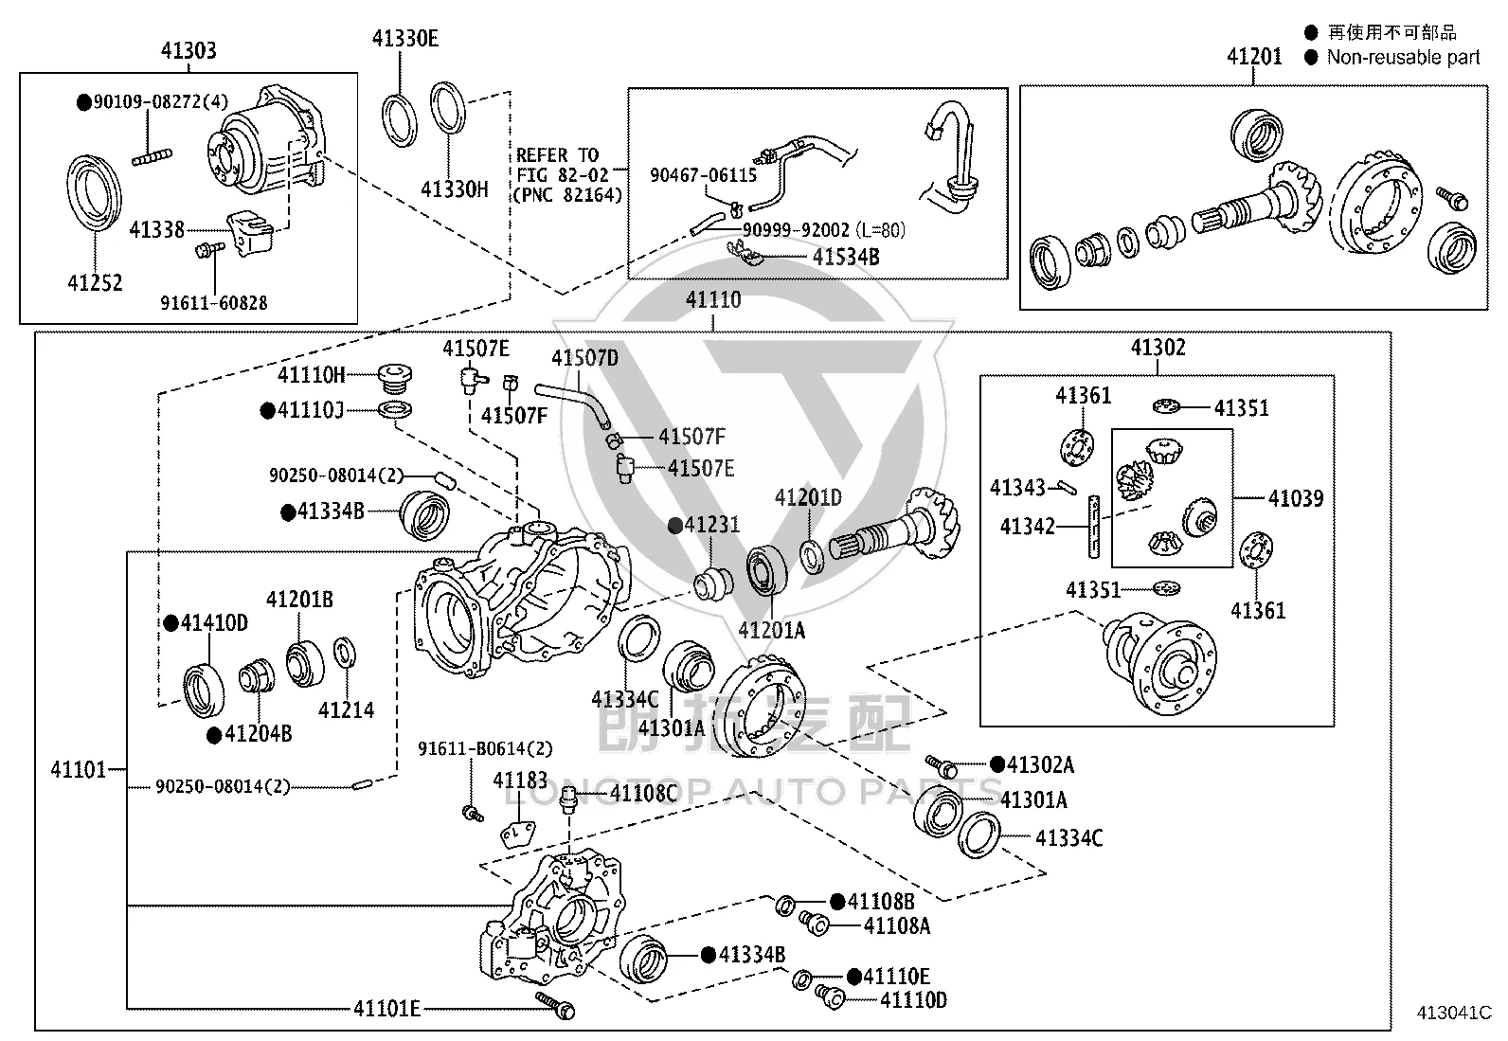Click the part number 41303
click(188, 50)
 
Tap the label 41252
click(95, 283)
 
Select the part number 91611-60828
click(213, 303)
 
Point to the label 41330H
click(455, 189)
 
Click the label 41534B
click(846, 257)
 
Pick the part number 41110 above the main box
click(713, 299)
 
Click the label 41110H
click(311, 374)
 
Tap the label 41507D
click(584, 357)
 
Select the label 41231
click(712, 524)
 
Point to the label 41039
click(1296, 498)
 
